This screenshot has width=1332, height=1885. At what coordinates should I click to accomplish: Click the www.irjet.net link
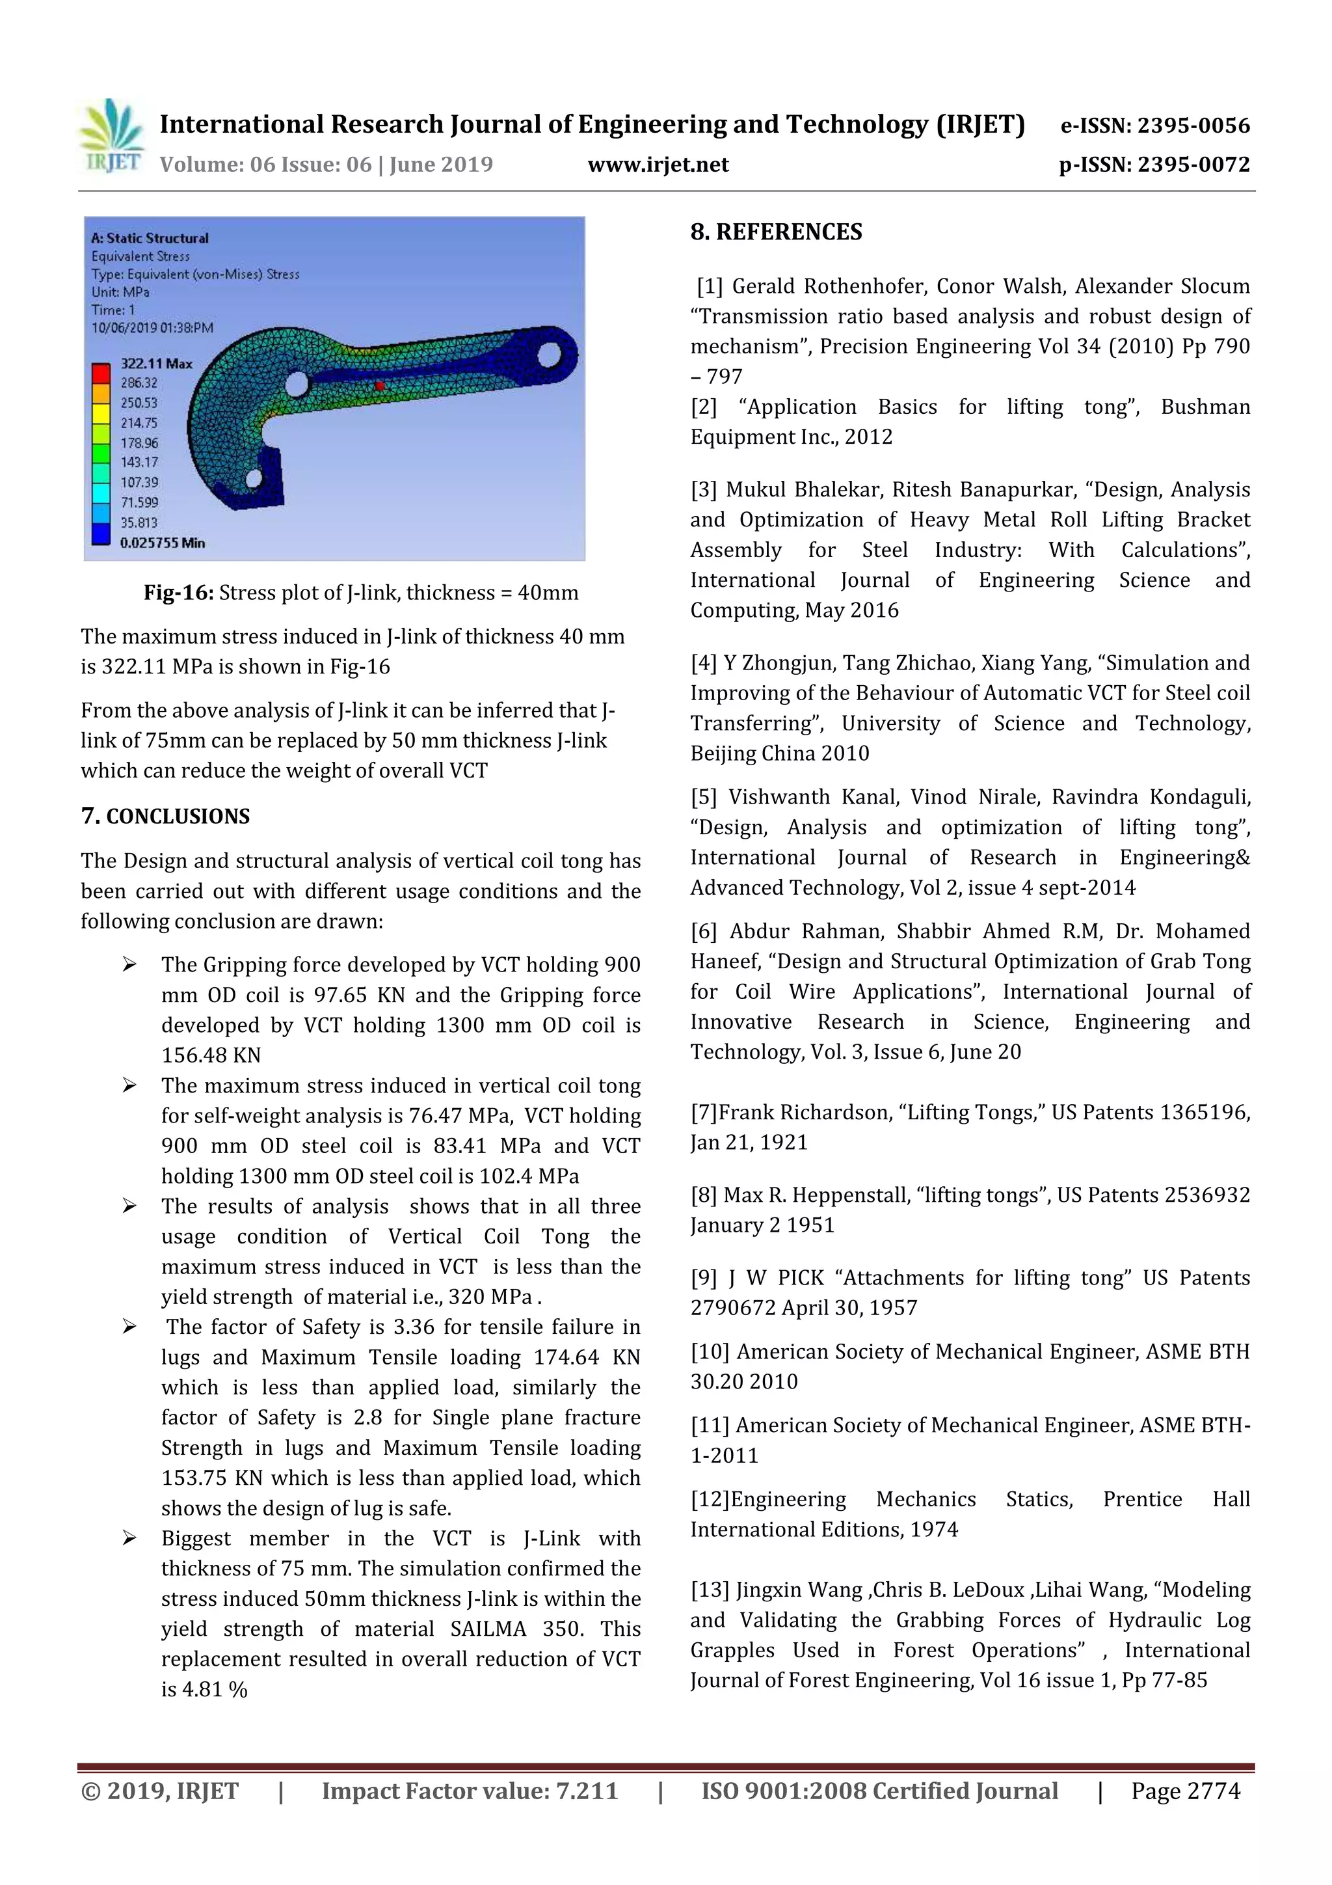point(658,165)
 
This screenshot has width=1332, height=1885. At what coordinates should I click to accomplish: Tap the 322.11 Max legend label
point(156,363)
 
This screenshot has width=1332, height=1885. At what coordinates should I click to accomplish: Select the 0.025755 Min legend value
point(163,543)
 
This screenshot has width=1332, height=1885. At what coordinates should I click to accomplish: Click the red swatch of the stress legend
point(101,373)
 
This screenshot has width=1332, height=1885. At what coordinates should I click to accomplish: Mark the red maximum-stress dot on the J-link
point(379,385)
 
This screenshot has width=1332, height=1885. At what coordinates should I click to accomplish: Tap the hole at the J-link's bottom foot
point(254,478)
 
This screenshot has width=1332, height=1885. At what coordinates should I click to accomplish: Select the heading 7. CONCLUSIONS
point(165,816)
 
